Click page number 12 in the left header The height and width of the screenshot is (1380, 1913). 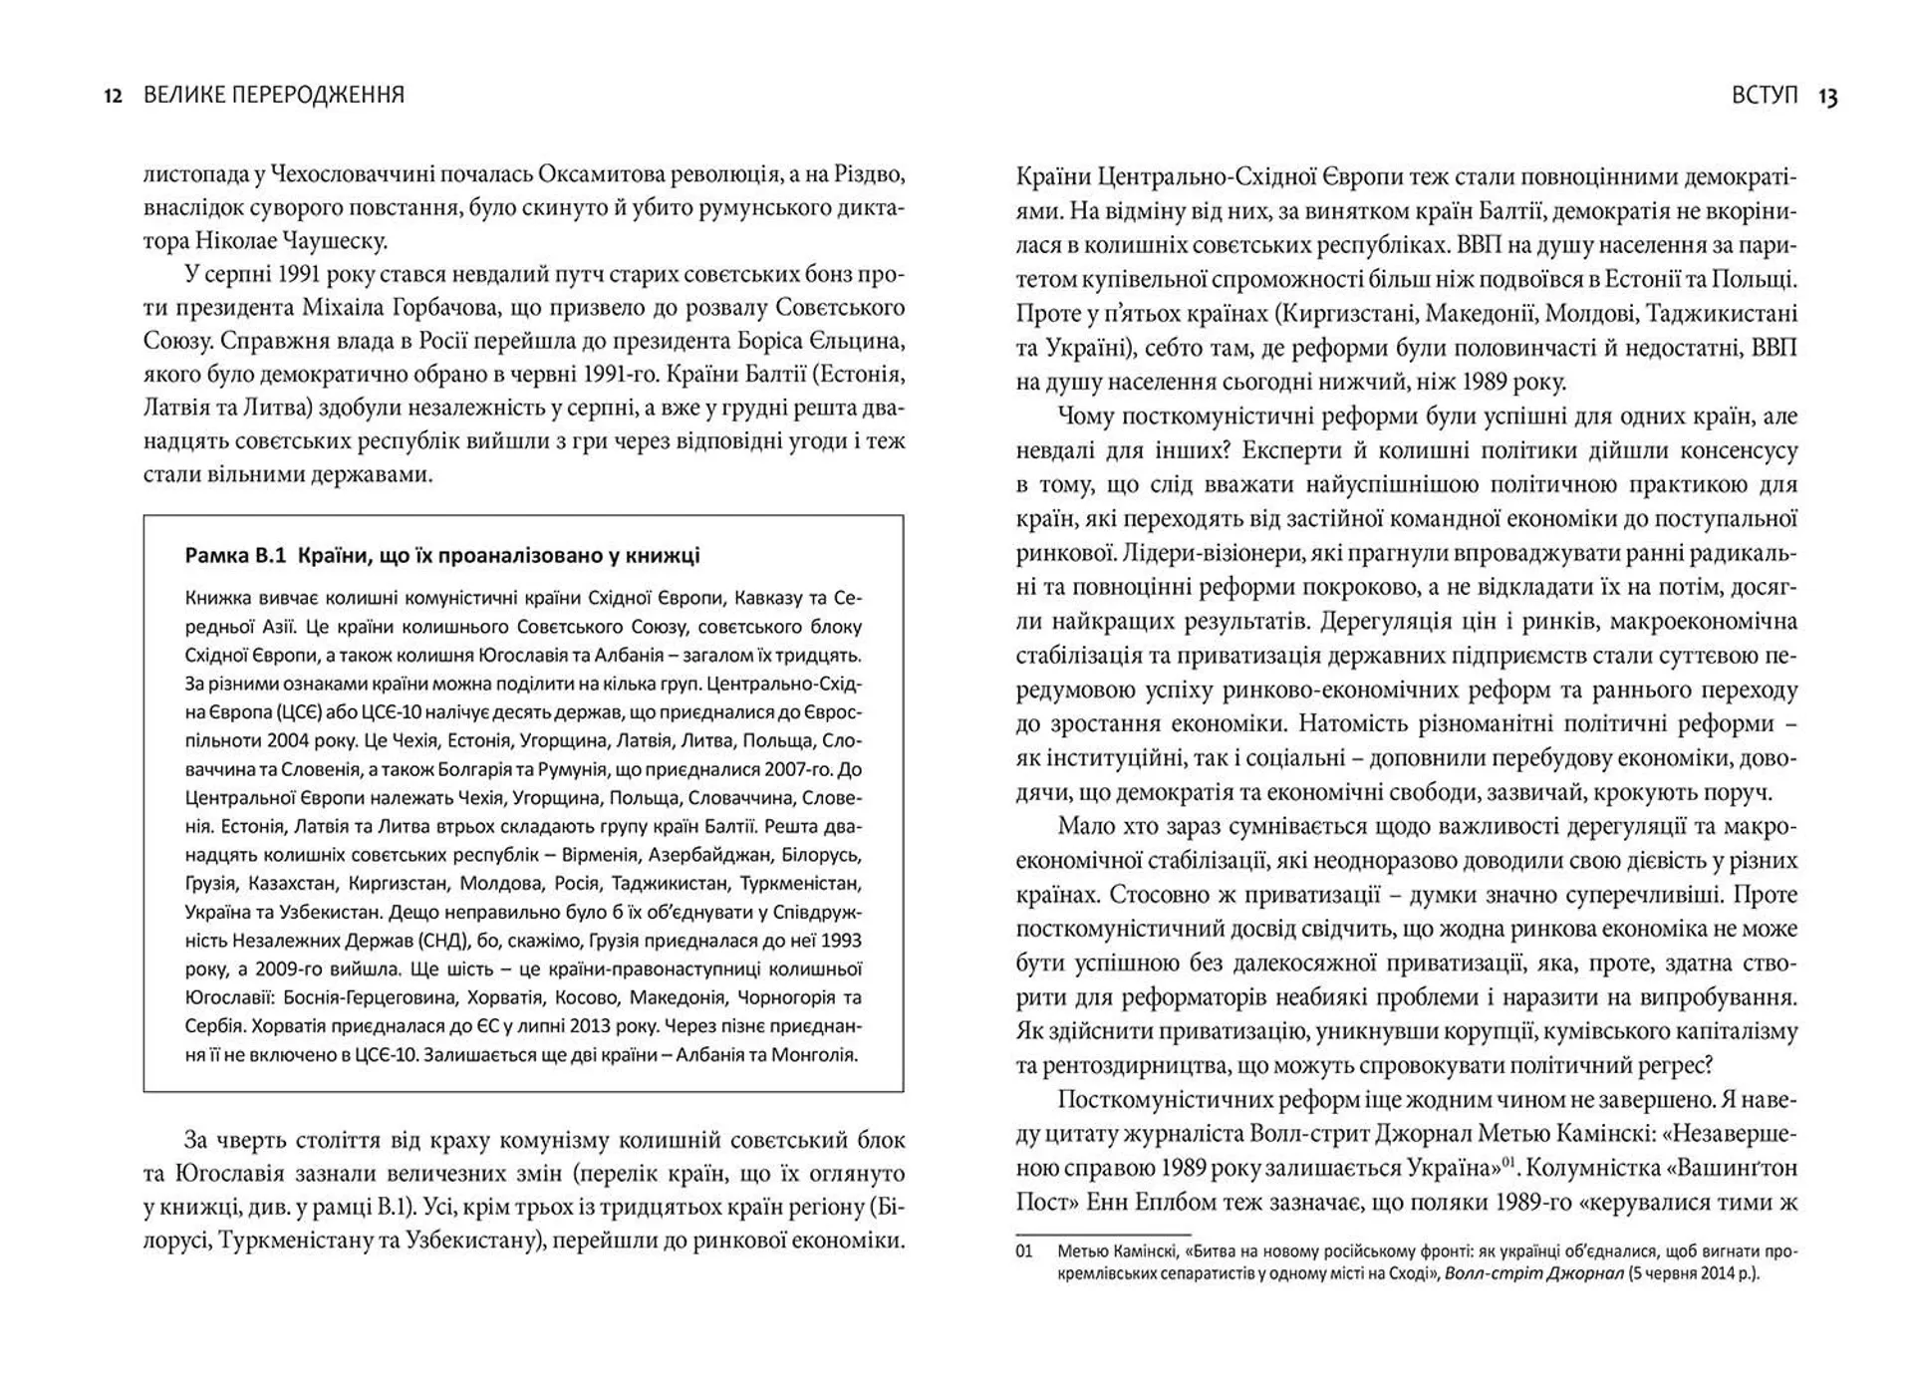point(113,96)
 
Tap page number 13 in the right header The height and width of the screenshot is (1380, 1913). point(1827,97)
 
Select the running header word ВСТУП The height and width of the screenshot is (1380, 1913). point(1765,96)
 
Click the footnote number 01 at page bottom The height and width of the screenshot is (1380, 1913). point(1024,1251)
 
